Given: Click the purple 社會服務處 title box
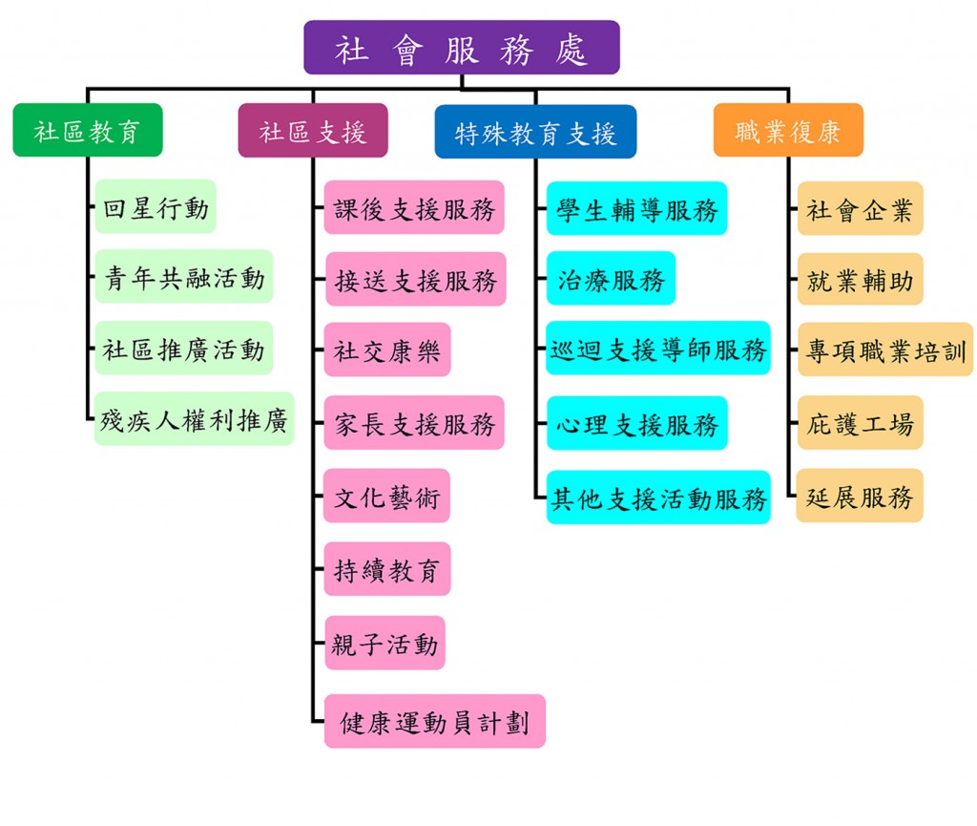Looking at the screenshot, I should click(x=461, y=48).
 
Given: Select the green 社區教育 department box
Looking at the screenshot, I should click(x=88, y=130).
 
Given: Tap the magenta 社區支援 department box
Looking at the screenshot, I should click(x=313, y=130).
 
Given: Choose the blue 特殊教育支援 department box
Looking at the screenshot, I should click(x=535, y=132).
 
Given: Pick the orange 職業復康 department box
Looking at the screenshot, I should click(x=788, y=130).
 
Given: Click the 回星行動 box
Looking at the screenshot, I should click(x=156, y=206).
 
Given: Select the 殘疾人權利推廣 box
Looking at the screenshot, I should click(x=195, y=418).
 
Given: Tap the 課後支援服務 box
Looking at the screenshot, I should click(x=414, y=207).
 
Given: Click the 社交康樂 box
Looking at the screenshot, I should click(x=387, y=349).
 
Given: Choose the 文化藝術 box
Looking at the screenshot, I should click(x=386, y=496).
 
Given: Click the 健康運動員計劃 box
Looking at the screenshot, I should click(x=434, y=721).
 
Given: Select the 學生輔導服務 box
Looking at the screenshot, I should click(x=636, y=208).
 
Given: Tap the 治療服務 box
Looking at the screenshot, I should click(x=611, y=278).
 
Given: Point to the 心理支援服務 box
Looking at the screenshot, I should click(x=636, y=423).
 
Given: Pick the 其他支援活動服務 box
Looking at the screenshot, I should click(x=658, y=497).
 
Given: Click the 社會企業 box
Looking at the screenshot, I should click(x=860, y=208).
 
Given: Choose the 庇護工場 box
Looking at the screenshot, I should click(x=860, y=422).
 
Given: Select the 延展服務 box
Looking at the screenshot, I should click(x=860, y=496).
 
